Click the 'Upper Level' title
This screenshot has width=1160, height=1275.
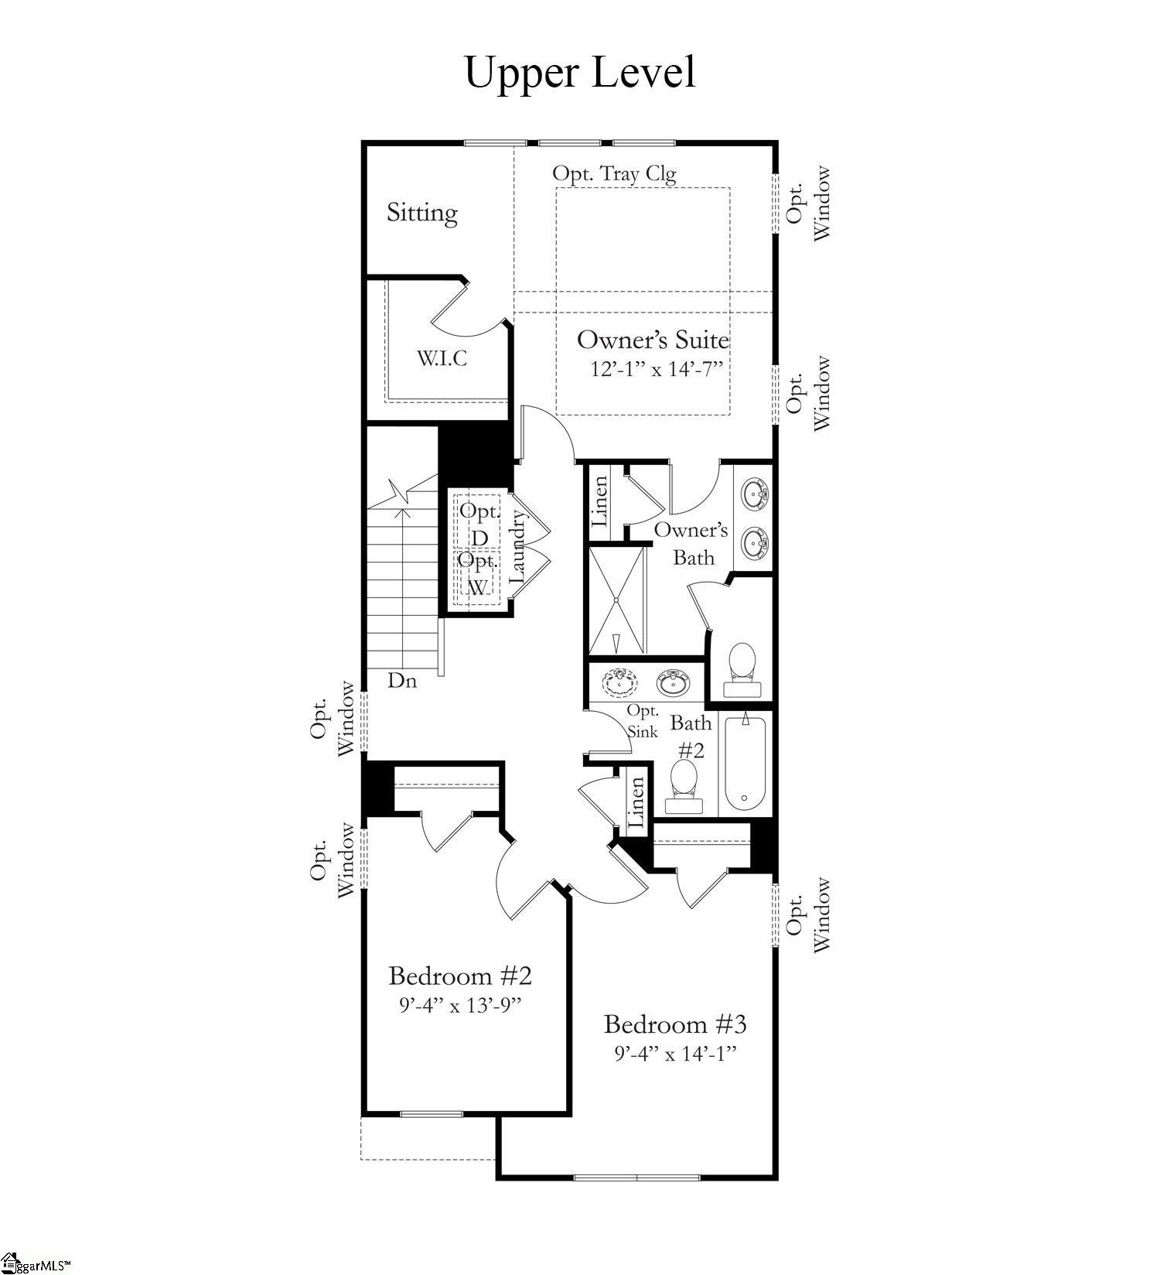pyautogui.click(x=579, y=73)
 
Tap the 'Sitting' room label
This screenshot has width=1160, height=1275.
pyautogui.click(x=421, y=213)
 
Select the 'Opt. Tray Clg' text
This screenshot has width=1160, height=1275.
pyautogui.click(x=614, y=173)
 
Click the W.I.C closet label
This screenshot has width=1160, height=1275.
pyautogui.click(x=442, y=359)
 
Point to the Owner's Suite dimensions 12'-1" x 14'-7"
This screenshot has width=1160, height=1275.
pyautogui.click(x=656, y=369)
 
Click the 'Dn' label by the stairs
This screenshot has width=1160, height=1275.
pyautogui.click(x=402, y=681)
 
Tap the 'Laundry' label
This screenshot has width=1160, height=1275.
pyautogui.click(x=517, y=550)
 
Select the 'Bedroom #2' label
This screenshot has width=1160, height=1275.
pyautogui.click(x=460, y=976)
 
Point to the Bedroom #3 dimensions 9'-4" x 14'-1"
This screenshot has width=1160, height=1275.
pyautogui.click(x=675, y=1054)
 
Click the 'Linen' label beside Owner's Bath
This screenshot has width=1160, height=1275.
pyautogui.click(x=600, y=501)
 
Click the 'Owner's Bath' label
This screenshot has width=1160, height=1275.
pyautogui.click(x=691, y=543)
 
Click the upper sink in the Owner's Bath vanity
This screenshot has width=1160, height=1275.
pyautogui.click(x=753, y=493)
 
